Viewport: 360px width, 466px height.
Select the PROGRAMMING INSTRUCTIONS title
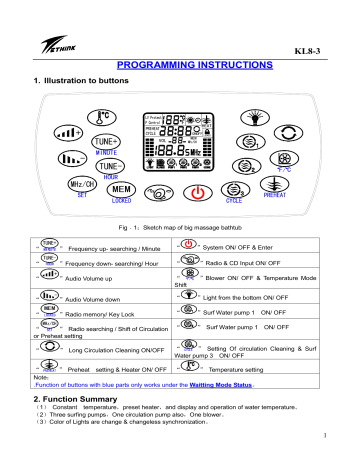point(180,62)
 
